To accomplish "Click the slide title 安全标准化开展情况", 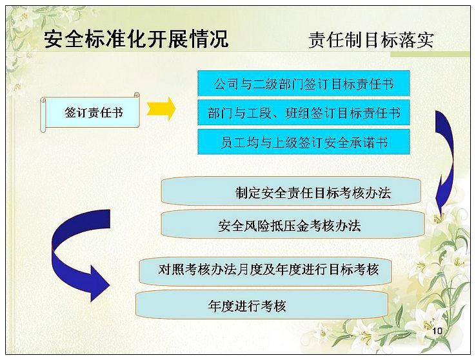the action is click(x=136, y=39).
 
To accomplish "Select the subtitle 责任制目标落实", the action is click(x=372, y=40).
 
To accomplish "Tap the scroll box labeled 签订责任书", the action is click(x=90, y=113).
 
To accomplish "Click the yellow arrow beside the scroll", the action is click(x=161, y=109).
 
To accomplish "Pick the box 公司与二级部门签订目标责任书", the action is click(x=304, y=83).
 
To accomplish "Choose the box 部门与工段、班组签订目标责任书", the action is click(x=304, y=113).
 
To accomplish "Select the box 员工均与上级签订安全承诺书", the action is click(x=304, y=142).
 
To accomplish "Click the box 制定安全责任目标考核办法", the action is click(x=291, y=192).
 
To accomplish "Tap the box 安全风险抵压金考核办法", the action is click(x=292, y=225).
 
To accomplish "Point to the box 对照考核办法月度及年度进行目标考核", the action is click(x=265, y=270).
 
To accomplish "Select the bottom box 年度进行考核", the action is click(x=262, y=305).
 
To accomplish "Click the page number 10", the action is click(x=437, y=330).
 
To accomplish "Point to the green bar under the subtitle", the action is click(x=430, y=54).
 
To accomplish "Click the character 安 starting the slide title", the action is click(x=54, y=39).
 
